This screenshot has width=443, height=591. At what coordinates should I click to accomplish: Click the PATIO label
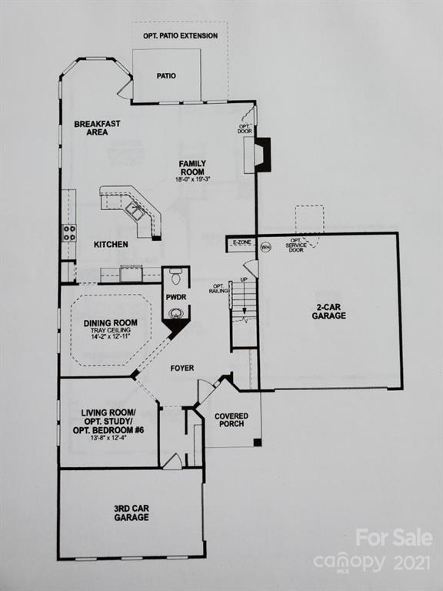pos(166,76)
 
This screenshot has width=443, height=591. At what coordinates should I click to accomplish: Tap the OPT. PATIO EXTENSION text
pos(180,36)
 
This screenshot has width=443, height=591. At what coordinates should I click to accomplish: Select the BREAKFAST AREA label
pos(97,128)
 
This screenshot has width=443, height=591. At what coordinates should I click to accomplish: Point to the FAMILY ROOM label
pos(193,168)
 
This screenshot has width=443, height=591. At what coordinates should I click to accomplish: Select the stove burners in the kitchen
pos(69,232)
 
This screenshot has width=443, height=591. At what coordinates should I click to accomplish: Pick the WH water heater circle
pos(265,247)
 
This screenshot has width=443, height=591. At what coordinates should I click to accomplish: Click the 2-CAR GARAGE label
pos(329,311)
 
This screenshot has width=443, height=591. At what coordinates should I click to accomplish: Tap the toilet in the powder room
pos(175,275)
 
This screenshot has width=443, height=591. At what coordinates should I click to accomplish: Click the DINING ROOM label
pos(111,322)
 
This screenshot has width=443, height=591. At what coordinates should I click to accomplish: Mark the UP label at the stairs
pos(245,280)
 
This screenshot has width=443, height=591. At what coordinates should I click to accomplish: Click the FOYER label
pos(182,369)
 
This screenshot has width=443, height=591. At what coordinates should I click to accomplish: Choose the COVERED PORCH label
pos(231,421)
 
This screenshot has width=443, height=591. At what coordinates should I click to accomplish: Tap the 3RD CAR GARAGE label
pos(132,513)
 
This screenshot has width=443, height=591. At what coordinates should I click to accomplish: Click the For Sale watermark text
pos(394,538)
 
